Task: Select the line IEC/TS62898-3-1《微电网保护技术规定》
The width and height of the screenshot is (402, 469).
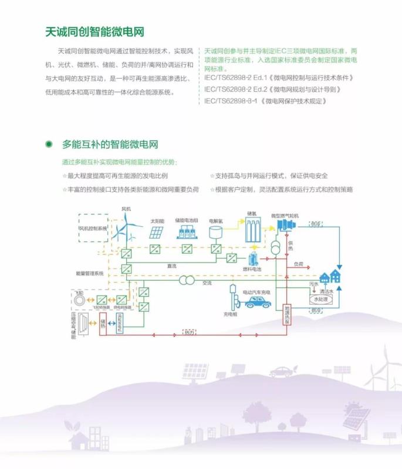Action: click(265, 101)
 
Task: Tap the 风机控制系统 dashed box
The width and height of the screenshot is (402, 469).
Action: click(93, 227)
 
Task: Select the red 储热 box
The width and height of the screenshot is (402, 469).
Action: click(103, 323)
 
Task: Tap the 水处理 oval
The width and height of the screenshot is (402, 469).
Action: click(321, 299)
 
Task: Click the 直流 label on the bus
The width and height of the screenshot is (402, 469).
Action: click(172, 266)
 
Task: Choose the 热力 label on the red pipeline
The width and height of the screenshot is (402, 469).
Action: click(188, 333)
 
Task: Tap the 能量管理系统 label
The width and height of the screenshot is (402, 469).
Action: click(89, 273)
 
